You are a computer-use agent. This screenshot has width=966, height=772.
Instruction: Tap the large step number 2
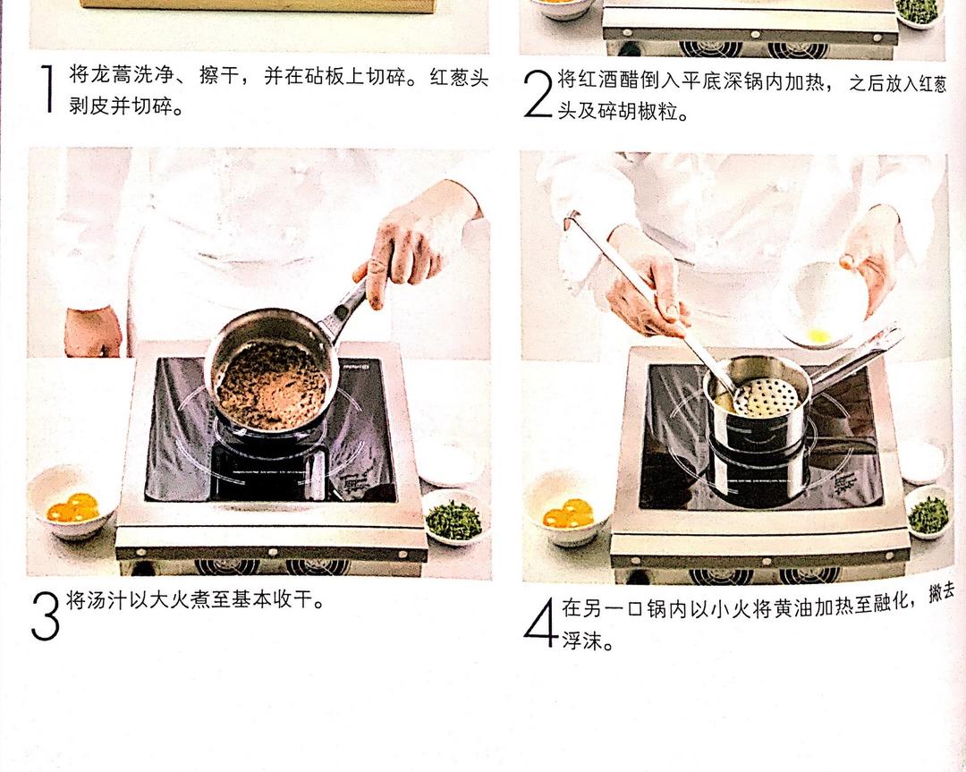click(538, 94)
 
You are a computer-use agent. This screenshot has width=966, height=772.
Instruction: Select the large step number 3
click(45, 615)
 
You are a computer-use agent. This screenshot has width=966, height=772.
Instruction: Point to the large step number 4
click(540, 622)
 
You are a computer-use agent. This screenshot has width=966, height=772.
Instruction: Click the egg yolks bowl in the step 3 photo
click(72, 510)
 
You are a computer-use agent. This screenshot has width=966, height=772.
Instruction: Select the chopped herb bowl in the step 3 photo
click(454, 519)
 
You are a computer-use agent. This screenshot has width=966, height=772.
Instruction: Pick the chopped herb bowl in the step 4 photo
click(928, 513)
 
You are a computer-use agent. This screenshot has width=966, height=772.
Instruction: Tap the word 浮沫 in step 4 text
click(579, 642)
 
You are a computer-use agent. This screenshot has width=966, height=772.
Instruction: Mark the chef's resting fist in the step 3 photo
click(92, 331)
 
